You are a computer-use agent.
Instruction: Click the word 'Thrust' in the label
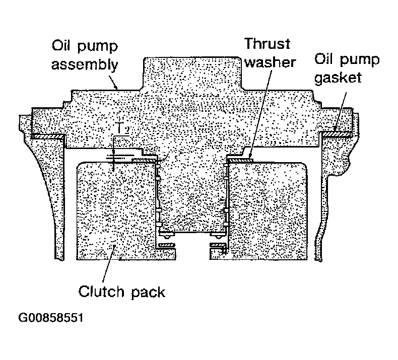tap(268, 44)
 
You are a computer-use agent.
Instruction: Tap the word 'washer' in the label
tap(270, 62)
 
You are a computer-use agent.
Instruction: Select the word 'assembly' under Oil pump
tap(85, 65)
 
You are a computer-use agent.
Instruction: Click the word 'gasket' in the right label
tap(338, 78)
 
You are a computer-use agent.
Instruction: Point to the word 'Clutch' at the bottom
tap(101, 291)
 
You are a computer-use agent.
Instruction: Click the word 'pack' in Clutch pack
tap(148, 292)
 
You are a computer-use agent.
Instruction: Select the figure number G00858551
tap(51, 317)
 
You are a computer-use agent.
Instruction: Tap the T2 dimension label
tap(123, 128)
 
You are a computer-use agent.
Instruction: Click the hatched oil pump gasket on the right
tap(337, 133)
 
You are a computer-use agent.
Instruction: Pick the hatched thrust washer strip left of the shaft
tap(144, 161)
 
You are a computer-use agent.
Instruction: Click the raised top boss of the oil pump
tap(192, 73)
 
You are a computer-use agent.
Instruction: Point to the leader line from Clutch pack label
tap(109, 263)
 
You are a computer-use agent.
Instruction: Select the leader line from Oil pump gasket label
tap(341, 111)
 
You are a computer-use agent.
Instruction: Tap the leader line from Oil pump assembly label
tap(113, 81)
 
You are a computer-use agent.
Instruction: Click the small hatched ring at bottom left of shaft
tap(167, 245)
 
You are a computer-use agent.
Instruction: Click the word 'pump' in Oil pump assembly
tap(97, 47)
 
